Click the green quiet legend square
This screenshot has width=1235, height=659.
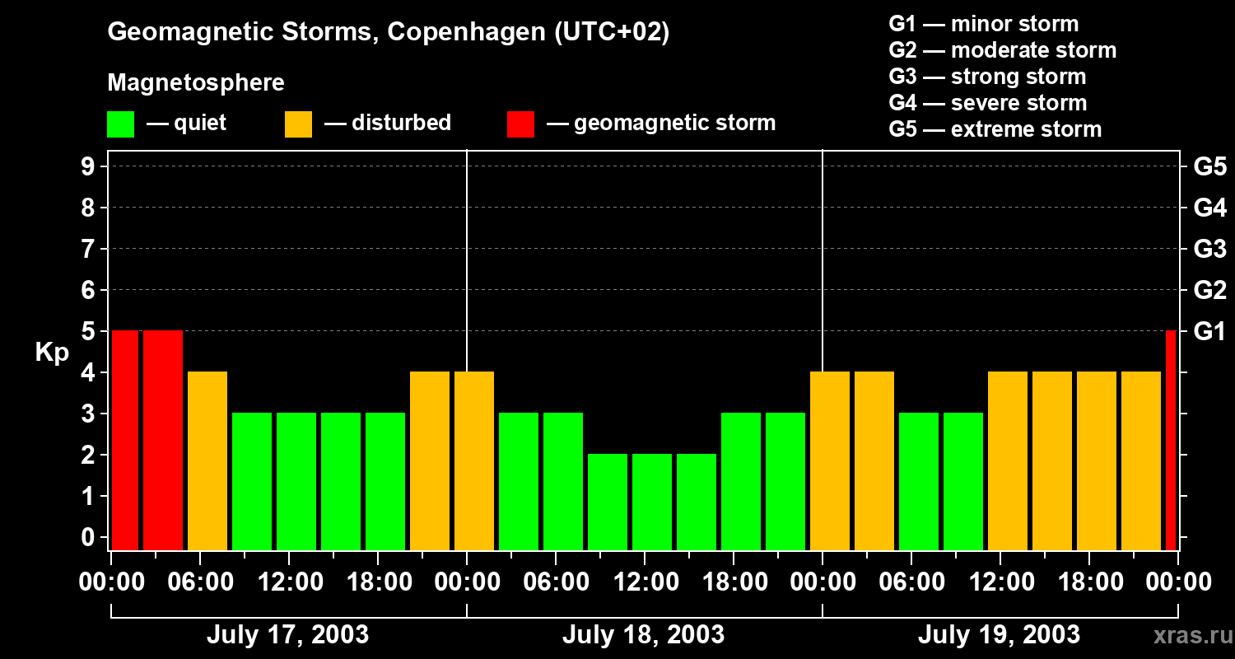(120, 124)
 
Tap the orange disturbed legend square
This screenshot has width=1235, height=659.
(298, 124)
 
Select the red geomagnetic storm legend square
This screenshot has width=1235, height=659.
(520, 124)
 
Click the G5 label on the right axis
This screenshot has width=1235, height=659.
(1209, 167)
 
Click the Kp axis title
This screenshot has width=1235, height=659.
(52, 353)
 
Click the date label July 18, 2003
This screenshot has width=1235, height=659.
(643, 635)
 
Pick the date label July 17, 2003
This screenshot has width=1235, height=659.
(287, 635)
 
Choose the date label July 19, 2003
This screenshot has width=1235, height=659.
(999, 635)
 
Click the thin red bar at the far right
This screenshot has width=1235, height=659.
(1171, 441)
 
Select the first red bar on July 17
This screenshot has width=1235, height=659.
(125, 441)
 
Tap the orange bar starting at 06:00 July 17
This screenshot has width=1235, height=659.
(207, 461)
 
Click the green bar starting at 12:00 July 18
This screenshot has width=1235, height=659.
(652, 502)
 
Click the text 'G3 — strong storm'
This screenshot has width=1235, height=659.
(987, 77)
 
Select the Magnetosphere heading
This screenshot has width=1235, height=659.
(196, 83)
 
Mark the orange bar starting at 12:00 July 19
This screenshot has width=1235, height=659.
(1008, 461)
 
